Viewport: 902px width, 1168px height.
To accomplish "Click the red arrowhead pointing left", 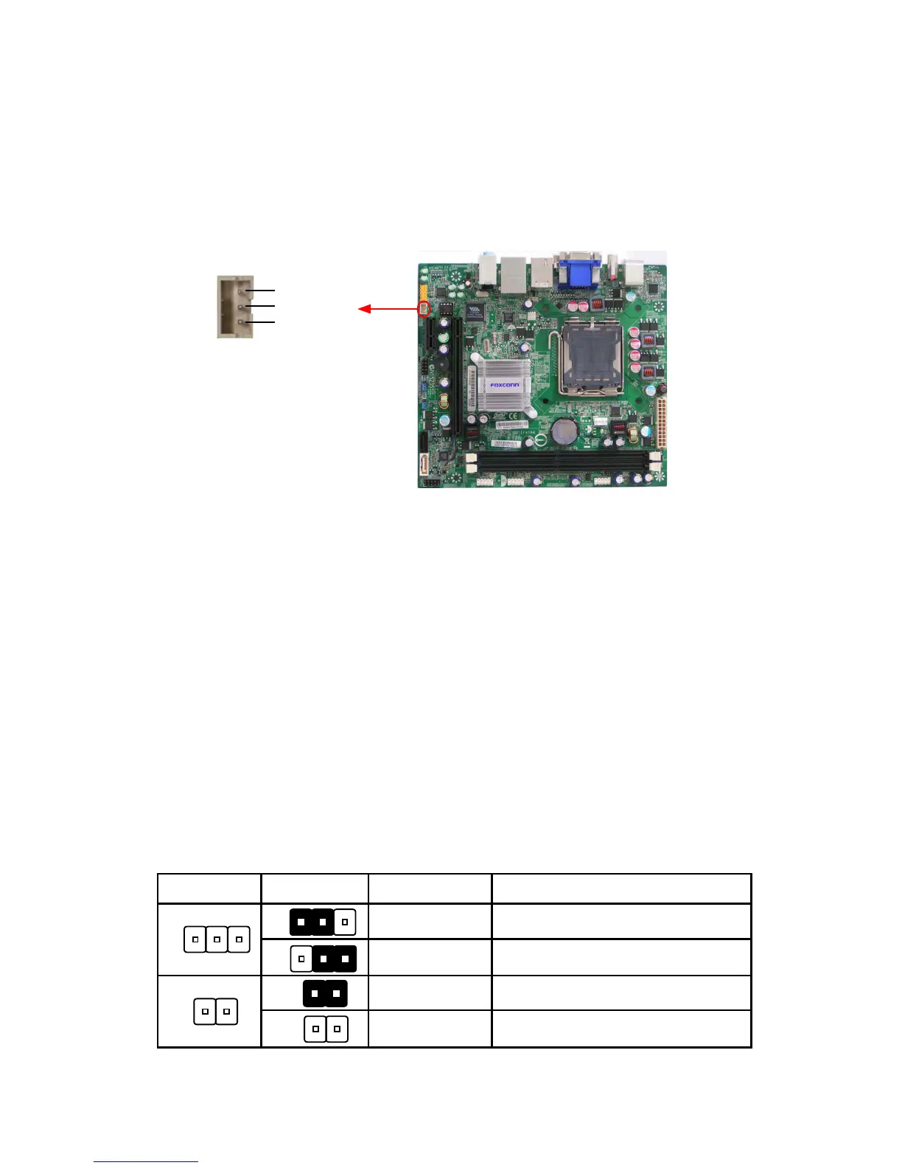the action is [364, 309].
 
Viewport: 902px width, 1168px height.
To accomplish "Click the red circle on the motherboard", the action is [423, 308].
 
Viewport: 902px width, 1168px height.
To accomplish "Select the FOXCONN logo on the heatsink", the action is [505, 385].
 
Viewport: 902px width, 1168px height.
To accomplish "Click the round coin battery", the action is [565, 432].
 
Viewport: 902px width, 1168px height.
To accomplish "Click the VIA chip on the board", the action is [475, 310].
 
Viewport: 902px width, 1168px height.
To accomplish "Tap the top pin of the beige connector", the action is [241, 291].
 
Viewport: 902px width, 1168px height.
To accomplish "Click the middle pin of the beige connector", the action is [241, 306].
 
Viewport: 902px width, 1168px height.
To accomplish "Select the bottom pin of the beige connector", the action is [241, 321].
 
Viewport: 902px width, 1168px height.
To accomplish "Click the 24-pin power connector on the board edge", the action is [661, 424].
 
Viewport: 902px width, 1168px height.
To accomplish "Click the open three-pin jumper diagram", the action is [217, 939].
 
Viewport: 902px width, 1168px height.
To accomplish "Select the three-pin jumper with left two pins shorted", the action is [323, 922].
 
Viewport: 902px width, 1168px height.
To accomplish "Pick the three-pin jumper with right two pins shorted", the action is [323, 959].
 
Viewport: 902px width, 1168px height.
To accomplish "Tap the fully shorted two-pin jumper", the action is [325, 993].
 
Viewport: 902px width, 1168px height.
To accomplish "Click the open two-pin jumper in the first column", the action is [215, 1012].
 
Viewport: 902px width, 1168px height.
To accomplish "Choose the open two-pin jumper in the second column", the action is [326, 1029].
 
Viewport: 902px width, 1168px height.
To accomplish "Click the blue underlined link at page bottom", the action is [146, 1161].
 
